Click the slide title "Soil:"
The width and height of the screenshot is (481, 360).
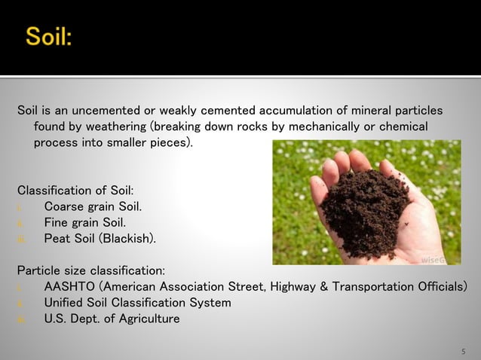pos(49,35)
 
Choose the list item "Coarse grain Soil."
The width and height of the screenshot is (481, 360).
pos(93,206)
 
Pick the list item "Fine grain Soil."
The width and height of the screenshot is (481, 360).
pos(84,222)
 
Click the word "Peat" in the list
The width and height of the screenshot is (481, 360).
pos(58,239)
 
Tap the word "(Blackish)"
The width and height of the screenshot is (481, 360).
pos(128,239)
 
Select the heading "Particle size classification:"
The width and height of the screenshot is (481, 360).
pos(90,270)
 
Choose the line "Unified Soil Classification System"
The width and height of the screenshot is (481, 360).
pos(138,303)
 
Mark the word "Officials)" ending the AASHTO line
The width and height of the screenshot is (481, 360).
pos(443,287)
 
